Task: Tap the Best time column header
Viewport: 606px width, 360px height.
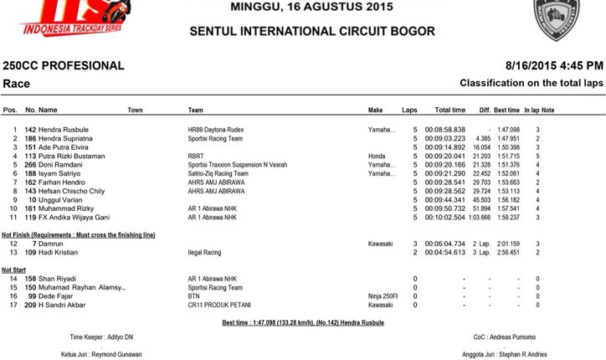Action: coord(506,111)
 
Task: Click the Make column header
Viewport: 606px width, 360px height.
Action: coord(375,111)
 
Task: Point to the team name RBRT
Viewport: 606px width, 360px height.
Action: coord(195,156)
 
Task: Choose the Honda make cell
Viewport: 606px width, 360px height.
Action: coord(377,156)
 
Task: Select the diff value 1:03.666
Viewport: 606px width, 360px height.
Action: coord(480,217)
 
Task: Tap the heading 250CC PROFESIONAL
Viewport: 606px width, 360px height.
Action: coord(64,65)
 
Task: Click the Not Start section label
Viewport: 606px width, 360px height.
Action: coord(13,270)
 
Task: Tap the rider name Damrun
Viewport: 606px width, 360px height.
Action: coord(51,243)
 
